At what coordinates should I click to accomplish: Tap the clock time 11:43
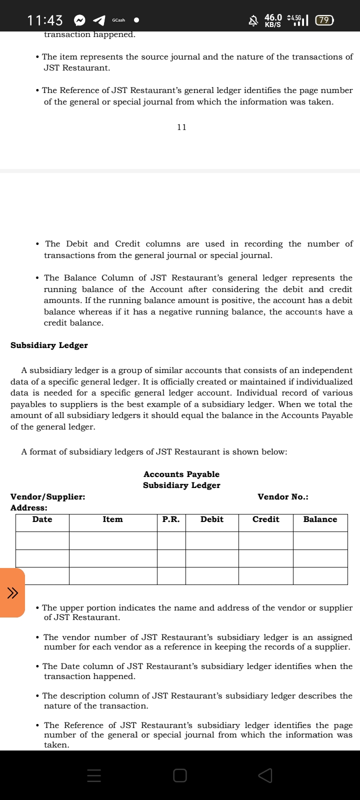point(45,20)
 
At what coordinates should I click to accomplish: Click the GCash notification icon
point(118,20)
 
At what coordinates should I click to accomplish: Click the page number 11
point(181,127)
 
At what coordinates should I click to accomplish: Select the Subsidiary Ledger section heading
point(49,345)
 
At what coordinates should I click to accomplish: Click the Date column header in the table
point(42,519)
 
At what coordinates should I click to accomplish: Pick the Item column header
point(112,519)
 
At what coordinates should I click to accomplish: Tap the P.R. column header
point(171,519)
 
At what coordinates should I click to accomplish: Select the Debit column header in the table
point(212,519)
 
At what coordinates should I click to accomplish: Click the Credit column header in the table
point(265,519)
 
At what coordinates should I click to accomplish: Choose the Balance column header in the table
point(320,519)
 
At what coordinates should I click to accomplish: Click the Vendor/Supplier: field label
point(48,497)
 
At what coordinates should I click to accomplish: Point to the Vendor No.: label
point(282,497)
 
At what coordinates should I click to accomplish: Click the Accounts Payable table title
point(181,474)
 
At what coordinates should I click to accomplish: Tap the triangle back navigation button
point(265,775)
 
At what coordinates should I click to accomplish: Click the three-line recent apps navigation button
point(94,775)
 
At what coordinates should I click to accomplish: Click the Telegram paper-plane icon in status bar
point(99,20)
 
